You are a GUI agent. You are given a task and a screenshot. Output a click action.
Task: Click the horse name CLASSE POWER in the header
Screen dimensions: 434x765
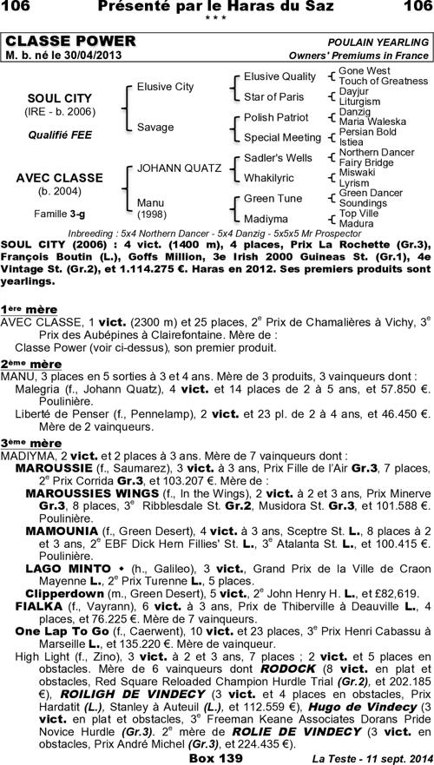[70, 42]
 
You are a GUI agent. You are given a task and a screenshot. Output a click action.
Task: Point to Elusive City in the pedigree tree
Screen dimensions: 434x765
[165, 87]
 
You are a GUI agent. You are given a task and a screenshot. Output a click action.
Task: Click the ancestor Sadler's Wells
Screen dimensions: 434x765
[278, 157]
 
